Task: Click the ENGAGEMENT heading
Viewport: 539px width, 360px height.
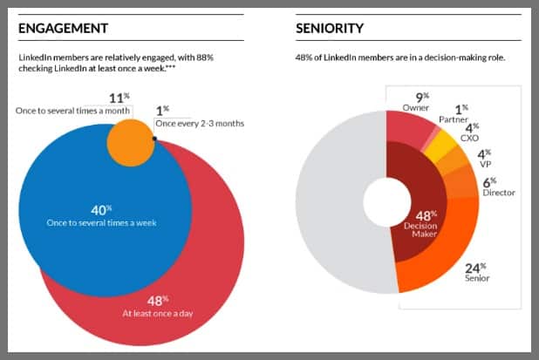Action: pos(63,28)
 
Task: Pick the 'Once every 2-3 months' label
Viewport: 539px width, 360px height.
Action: pos(200,124)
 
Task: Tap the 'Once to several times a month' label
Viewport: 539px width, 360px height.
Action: pos(74,111)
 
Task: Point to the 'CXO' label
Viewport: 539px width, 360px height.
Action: pos(470,136)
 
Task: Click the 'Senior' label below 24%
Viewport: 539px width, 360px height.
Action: pos(477,278)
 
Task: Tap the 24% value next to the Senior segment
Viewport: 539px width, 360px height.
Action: pos(476,266)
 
